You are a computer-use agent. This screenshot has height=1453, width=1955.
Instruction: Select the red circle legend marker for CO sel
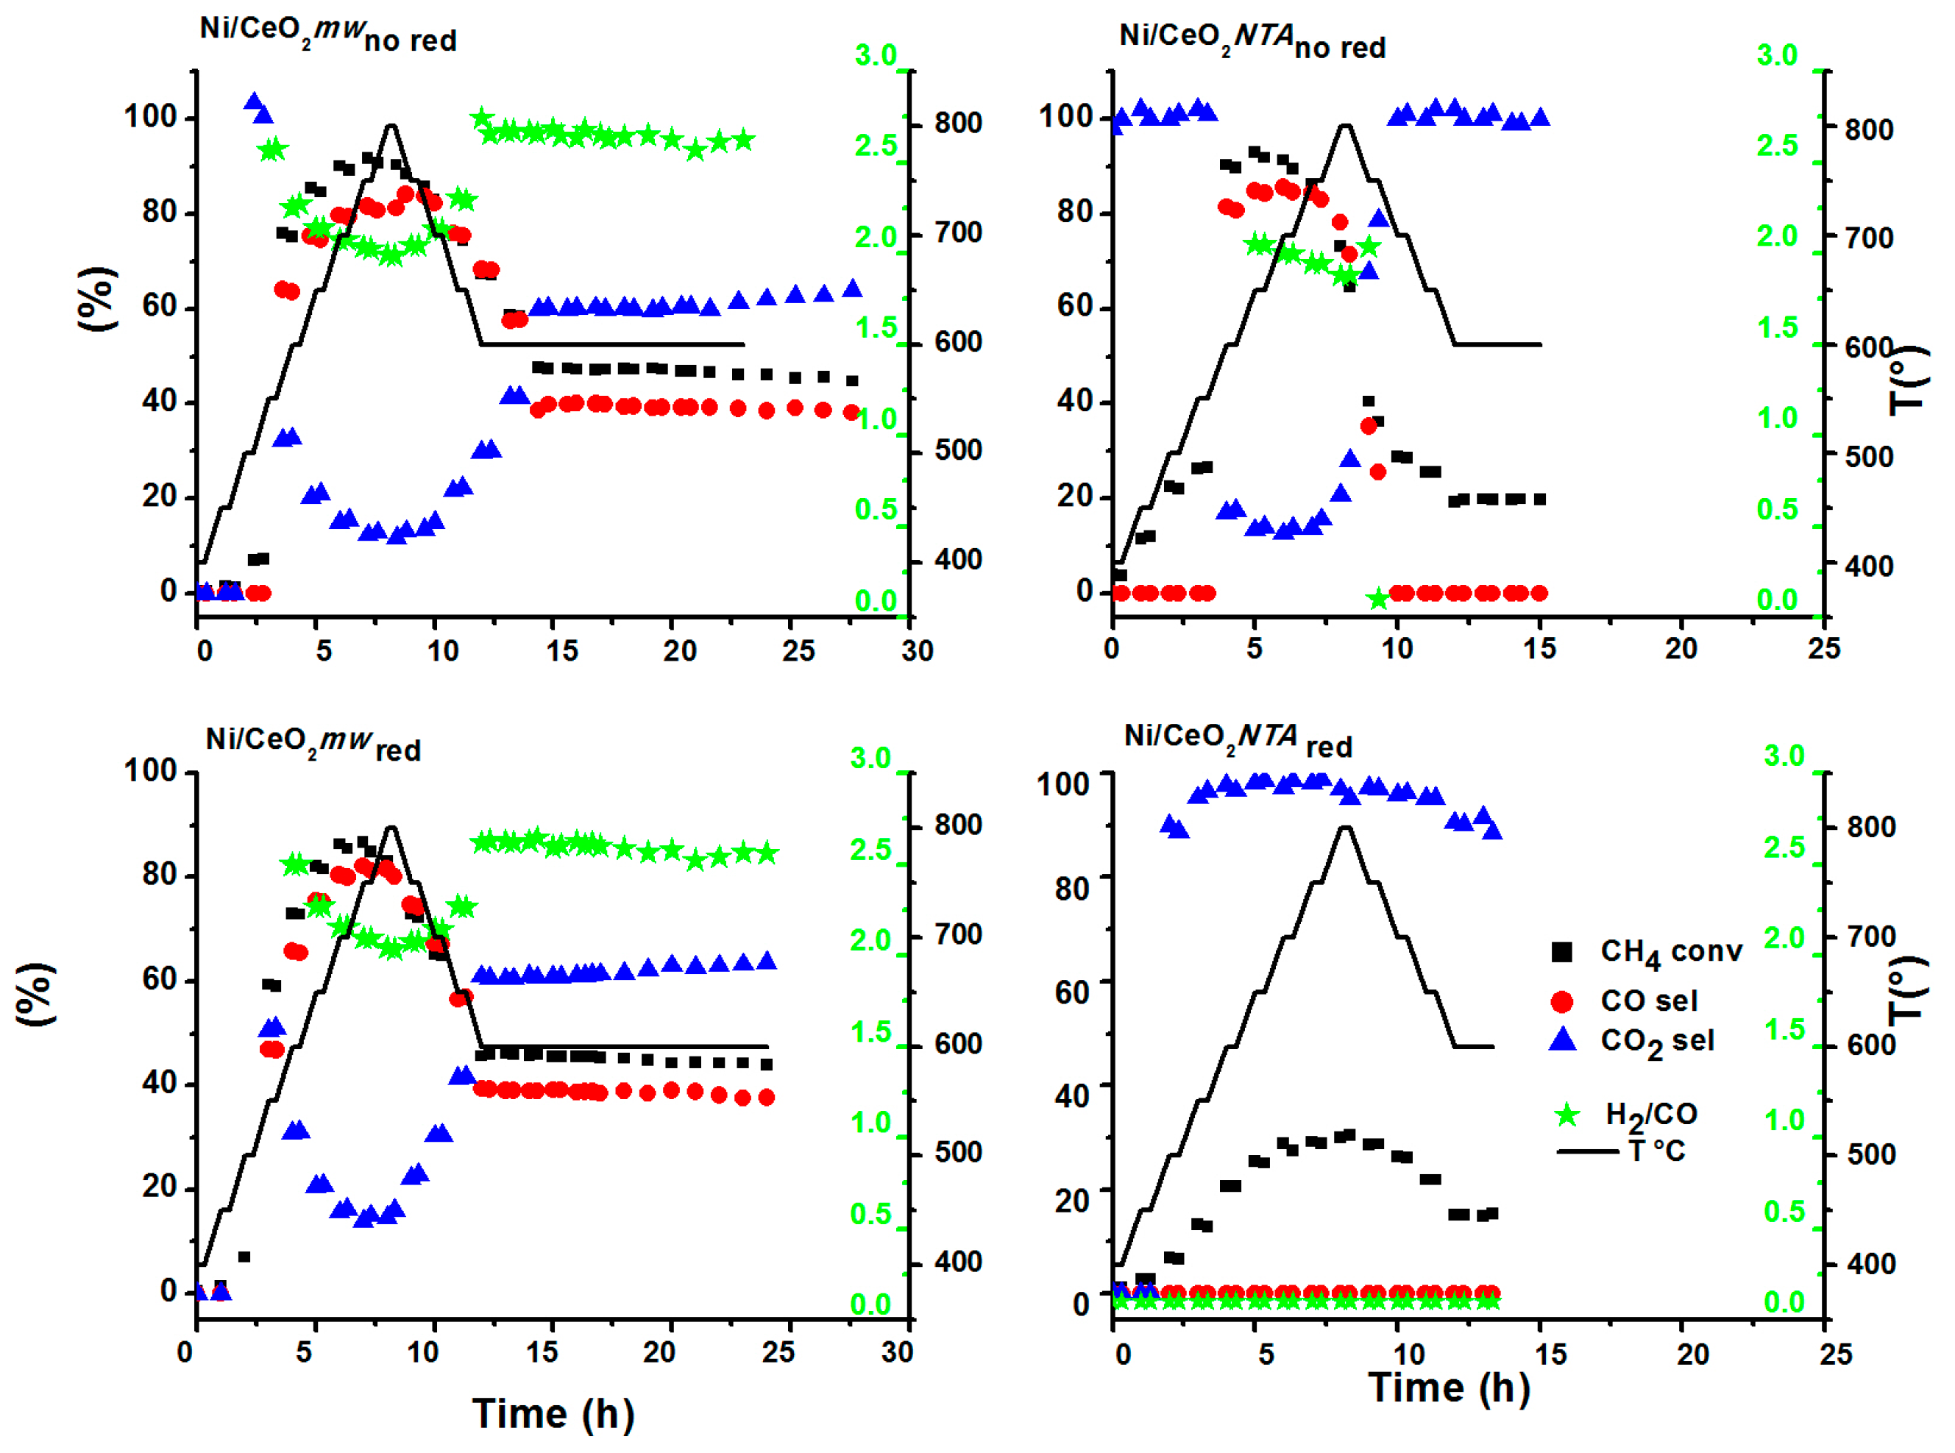(1562, 1001)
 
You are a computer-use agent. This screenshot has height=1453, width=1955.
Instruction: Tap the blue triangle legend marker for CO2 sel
(1562, 1040)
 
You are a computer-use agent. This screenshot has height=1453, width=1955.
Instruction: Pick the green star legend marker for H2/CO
(1567, 1115)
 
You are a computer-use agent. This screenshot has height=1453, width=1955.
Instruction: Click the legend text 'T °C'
(1657, 1151)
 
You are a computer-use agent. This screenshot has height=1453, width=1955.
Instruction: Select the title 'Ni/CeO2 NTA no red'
(1252, 40)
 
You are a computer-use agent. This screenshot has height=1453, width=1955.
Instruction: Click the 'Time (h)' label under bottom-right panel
(1450, 1388)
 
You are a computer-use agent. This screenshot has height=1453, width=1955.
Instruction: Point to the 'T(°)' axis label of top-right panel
(1909, 378)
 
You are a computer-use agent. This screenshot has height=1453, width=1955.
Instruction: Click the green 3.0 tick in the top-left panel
(876, 55)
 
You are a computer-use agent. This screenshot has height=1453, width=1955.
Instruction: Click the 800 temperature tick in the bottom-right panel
(1871, 827)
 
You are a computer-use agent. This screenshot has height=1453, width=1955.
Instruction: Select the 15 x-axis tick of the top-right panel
(1539, 649)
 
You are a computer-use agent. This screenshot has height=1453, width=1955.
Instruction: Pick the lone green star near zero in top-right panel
(1378, 600)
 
